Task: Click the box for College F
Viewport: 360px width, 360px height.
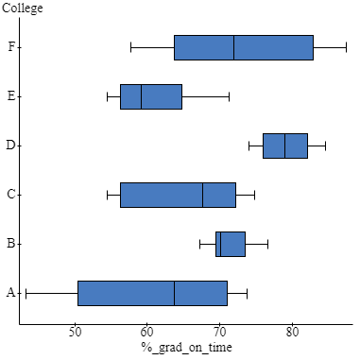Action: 243,47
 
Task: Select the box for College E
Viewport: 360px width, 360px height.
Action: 151,96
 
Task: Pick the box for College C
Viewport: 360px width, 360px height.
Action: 178,195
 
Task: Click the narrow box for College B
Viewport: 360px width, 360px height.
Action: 231,244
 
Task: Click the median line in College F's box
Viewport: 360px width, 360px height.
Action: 233,47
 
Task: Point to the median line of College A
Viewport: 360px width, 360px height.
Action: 174,293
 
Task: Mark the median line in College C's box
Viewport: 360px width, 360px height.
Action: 202,195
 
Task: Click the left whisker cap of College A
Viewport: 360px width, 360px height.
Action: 26,293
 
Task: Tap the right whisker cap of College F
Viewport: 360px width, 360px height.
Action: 346,47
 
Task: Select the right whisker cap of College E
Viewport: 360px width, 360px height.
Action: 229,96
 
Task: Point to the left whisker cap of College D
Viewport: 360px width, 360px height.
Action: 249,146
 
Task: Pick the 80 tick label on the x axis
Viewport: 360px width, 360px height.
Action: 292,333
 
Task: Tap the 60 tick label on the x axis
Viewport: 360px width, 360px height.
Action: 147,333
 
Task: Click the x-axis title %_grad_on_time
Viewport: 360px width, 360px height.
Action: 187,348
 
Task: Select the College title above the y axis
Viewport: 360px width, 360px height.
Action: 22,8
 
